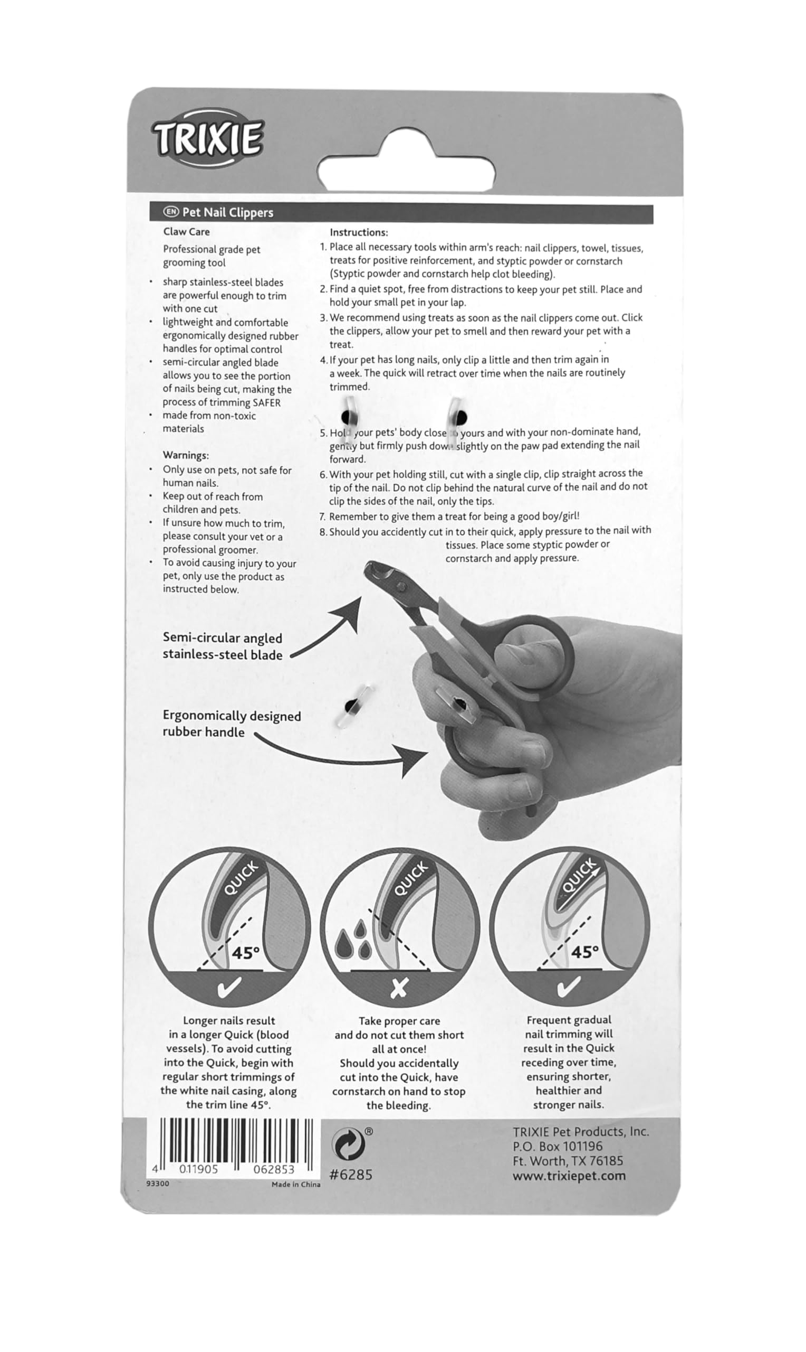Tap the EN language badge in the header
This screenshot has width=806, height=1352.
[x=171, y=211]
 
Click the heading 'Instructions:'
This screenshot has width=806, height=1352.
[x=359, y=232]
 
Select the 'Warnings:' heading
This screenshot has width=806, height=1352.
[x=186, y=455]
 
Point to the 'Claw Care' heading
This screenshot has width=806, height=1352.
[x=186, y=232]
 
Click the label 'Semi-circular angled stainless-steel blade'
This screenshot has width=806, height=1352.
[x=223, y=646]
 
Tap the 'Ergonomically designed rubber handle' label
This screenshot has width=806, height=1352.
[x=232, y=724]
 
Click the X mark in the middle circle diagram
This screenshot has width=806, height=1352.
[x=399, y=988]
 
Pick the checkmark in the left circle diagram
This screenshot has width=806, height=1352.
[x=228, y=987]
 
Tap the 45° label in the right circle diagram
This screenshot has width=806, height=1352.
[x=584, y=952]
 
